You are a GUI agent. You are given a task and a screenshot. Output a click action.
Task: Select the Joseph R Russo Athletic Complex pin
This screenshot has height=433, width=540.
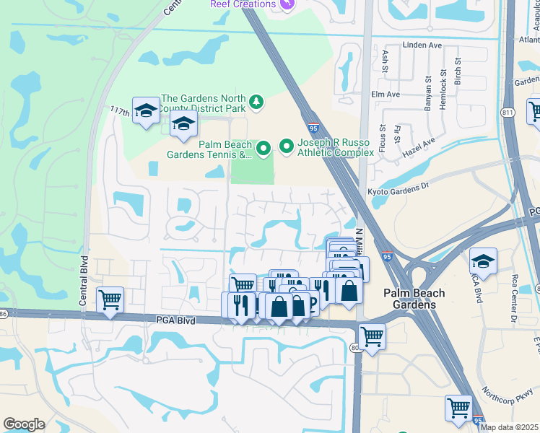[287, 147]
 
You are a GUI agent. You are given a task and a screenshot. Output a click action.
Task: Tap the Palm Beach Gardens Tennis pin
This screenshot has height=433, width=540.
[264, 149]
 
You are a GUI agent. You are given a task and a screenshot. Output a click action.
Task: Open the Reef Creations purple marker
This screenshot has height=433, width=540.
[287, 4]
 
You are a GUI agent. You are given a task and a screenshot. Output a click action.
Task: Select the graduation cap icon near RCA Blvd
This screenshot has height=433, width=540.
[483, 260]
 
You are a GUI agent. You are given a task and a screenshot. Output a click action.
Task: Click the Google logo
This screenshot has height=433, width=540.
[24, 424]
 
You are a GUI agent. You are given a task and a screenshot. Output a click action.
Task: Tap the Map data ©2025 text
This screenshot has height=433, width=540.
[510, 427]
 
